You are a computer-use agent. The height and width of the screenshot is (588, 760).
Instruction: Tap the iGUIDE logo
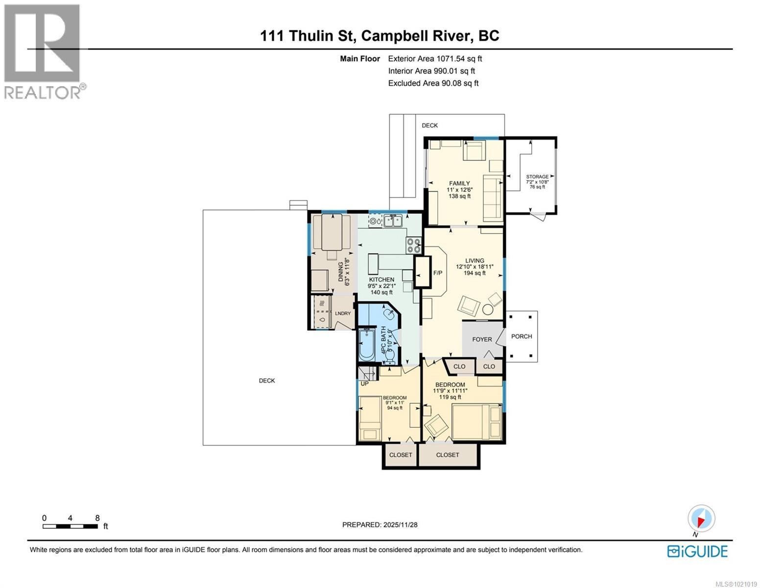[697, 551]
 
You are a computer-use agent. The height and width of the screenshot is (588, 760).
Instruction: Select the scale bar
[70, 526]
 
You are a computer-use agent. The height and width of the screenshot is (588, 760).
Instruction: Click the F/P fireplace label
[437, 273]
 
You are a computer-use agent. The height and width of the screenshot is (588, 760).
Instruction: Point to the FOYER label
[482, 339]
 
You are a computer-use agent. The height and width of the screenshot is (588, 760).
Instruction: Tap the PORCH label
[521, 336]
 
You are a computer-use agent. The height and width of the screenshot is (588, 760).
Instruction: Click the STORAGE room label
[537, 176]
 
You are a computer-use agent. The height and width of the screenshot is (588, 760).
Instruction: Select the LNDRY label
[343, 314]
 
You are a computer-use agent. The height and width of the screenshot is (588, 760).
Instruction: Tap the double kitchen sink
[393, 221]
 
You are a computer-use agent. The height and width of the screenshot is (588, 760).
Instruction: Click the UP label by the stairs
[364, 384]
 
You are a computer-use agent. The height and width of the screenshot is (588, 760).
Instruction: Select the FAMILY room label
[459, 183]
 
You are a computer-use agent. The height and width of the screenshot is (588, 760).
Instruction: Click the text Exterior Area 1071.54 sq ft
[435, 58]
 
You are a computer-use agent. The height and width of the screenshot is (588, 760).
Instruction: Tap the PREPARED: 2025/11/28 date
[380, 524]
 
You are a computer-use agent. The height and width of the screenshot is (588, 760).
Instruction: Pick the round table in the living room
[488, 309]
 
